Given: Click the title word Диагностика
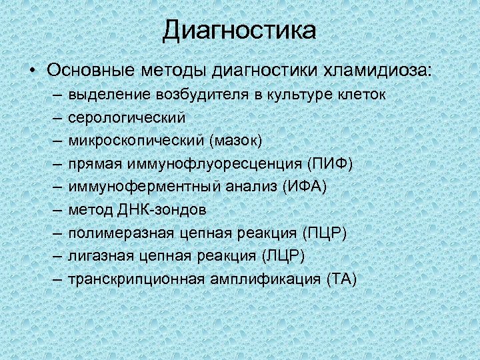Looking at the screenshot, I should [239, 30].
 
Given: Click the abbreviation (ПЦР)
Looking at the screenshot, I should [325, 233].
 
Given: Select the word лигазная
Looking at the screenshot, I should [101, 256].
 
